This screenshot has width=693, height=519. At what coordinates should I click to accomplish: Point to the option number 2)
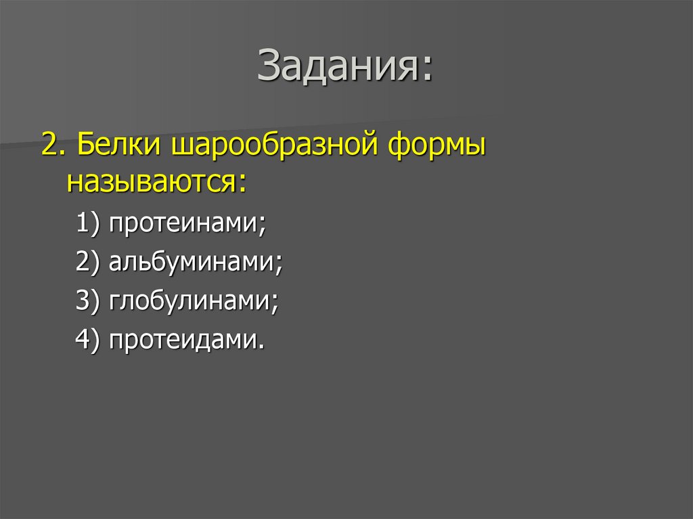coord(88,263)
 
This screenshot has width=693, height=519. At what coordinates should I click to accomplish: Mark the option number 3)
coord(88,300)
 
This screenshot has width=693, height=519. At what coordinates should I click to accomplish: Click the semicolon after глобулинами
coord(276,304)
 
